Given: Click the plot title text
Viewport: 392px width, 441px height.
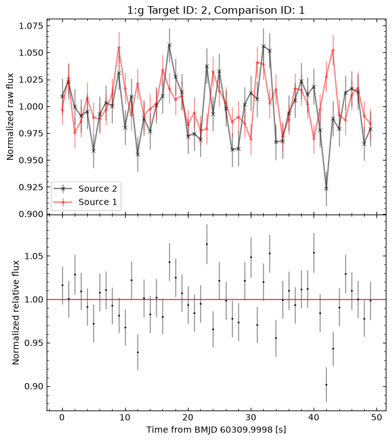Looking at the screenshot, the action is [x=216, y=10].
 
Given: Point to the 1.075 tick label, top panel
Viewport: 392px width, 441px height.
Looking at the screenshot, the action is [x=31, y=26].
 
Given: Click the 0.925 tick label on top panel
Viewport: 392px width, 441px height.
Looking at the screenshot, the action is [x=31, y=187].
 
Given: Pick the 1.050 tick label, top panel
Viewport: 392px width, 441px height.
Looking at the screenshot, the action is [x=31, y=53].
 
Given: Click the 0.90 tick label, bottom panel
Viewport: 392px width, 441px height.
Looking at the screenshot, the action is [x=34, y=386].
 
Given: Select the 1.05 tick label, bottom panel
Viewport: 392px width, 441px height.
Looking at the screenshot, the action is [x=34, y=256].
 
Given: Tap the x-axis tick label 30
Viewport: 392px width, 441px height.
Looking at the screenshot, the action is [x=251, y=417].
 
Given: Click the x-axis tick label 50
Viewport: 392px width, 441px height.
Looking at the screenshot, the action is [x=376, y=417].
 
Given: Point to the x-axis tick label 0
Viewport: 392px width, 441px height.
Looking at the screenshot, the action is [x=62, y=417].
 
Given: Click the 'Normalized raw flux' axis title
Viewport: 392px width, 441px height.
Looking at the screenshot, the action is [x=10, y=117].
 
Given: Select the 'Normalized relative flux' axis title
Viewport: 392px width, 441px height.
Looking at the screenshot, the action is [x=16, y=312].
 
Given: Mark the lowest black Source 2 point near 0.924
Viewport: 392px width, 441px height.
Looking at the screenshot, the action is [x=326, y=188].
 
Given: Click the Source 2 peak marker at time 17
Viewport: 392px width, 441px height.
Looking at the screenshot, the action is [x=169, y=45].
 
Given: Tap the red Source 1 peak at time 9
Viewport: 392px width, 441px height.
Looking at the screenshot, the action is [x=119, y=47].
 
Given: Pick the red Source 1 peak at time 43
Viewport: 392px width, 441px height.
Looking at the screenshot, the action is [x=333, y=50].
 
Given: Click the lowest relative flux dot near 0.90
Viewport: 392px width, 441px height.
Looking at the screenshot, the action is [x=326, y=384].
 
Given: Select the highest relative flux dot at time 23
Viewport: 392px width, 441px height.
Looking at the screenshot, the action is [x=207, y=244].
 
